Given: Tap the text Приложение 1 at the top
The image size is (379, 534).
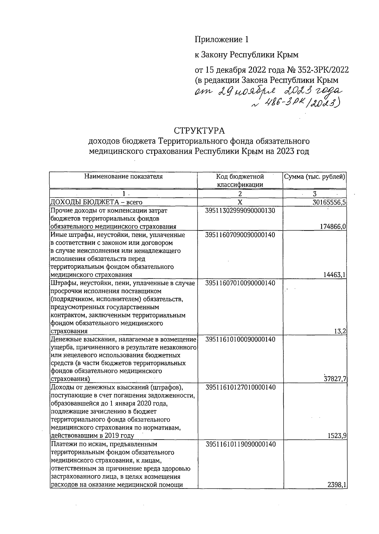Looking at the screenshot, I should (222, 39).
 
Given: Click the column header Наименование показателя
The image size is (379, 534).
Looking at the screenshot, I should (123, 177).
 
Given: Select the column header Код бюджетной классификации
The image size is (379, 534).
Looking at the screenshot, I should (240, 180).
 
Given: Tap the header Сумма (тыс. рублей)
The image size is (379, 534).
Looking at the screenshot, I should (315, 177).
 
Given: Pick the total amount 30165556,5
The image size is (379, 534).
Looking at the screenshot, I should (329, 202).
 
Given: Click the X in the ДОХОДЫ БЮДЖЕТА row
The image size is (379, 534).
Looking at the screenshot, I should (240, 202).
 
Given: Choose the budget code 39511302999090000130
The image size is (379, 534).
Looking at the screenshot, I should (240, 210).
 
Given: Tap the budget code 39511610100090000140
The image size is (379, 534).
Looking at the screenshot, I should (240, 339).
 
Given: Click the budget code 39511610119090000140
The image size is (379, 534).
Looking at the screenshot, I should (240, 444).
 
